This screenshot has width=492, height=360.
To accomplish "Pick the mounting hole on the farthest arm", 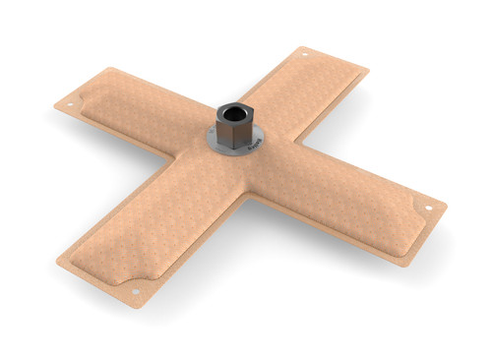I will click(x=304, y=53).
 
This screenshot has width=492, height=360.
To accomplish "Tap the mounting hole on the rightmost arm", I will click(x=428, y=209).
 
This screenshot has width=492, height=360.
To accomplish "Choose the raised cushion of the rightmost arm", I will click(x=354, y=202).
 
